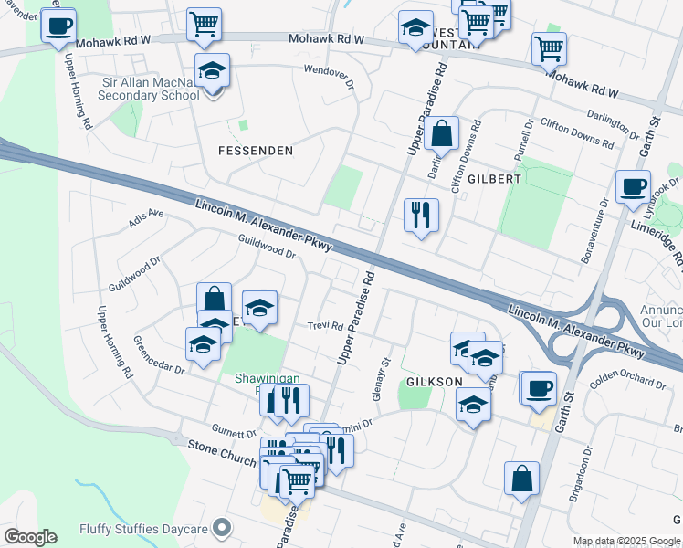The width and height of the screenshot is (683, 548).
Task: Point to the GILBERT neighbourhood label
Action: pyautogui.click(x=494, y=179)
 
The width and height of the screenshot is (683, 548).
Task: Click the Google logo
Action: pyautogui.click(x=29, y=537)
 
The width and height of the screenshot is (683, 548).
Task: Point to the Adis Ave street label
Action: pyautogui.click(x=146, y=216)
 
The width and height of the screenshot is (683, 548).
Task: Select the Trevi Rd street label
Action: pyautogui.click(x=324, y=326)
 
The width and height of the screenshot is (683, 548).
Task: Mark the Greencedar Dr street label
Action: pyautogui.click(x=160, y=356)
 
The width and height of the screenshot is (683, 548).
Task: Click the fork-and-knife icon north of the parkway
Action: pyautogui.click(x=421, y=216)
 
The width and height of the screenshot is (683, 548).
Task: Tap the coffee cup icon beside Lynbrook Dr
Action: pyautogui.click(x=633, y=188)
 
